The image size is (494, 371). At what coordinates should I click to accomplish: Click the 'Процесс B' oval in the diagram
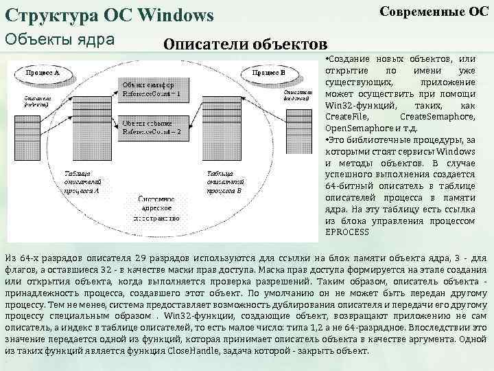pyautogui.click(x=269, y=72)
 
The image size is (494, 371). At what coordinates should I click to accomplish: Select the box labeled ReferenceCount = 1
pyautogui.click(x=152, y=90)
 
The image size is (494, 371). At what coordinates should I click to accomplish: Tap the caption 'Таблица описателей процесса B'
pyautogui.click(x=224, y=181)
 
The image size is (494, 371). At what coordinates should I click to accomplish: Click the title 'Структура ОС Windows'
pyautogui.click(x=110, y=14)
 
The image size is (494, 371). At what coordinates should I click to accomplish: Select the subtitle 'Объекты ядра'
pyautogui.click(x=60, y=39)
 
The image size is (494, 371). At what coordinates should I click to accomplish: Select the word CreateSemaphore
pyautogui.click(x=436, y=117)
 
